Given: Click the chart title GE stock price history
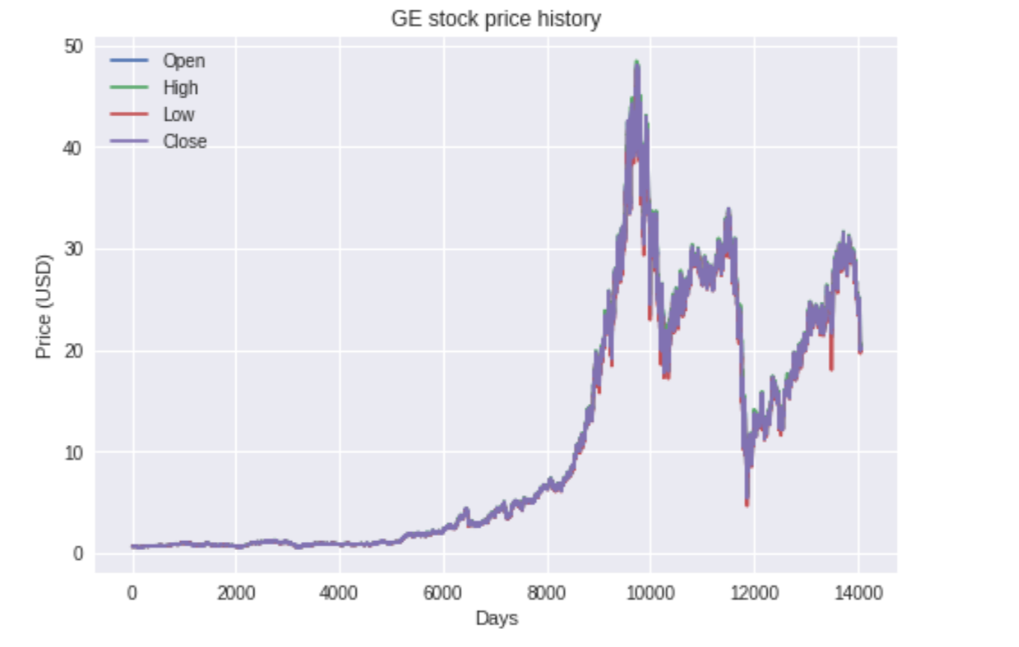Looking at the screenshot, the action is click(496, 19).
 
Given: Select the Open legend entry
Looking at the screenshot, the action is click(158, 61).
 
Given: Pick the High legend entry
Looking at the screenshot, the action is click(154, 87).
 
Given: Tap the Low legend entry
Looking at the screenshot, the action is click(153, 114).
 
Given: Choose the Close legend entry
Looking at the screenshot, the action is click(159, 141).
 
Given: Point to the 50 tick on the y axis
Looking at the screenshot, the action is click(74, 47).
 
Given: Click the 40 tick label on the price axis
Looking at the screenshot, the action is click(73, 148).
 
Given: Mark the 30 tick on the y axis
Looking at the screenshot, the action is click(74, 249).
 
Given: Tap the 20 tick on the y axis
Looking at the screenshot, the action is click(74, 351).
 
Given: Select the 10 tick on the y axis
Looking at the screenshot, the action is click(74, 453).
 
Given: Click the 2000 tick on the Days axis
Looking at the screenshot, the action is click(236, 594).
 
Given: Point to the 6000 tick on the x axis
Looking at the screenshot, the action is click(443, 594).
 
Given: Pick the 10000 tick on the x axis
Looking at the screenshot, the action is click(650, 594).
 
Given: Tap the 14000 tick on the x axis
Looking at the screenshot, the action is click(858, 594).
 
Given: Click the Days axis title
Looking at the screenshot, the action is click(497, 618).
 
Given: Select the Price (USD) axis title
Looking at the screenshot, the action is click(44, 307).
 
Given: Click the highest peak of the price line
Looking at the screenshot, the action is click(637, 61).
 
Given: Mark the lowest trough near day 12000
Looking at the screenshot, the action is click(747, 505).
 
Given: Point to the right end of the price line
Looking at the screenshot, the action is click(860, 351).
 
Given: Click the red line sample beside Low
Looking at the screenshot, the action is click(129, 114).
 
